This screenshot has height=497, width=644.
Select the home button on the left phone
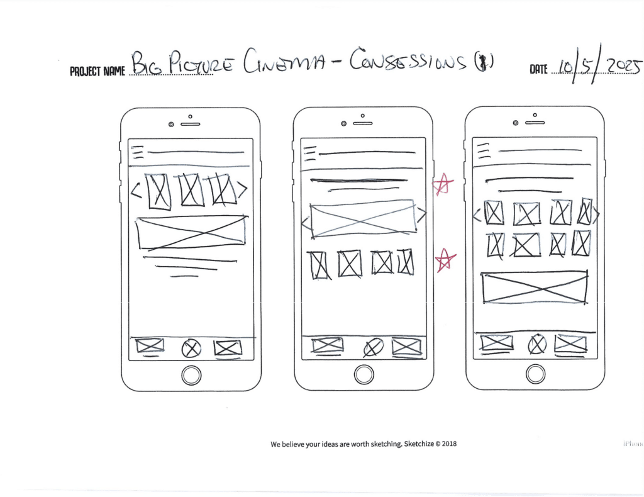click(191, 375)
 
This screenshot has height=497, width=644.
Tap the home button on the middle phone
click(364, 375)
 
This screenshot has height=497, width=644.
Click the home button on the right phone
click(535, 374)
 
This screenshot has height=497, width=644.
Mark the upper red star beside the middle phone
click(443, 184)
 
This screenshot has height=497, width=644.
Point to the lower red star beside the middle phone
click(445, 260)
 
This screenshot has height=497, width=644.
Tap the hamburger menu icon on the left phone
click(138, 153)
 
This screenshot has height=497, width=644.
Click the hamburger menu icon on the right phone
click(483, 151)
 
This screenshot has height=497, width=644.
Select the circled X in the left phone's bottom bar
click(191, 347)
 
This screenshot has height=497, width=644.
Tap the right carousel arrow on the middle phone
click(421, 216)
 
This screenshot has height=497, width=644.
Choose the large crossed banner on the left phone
click(191, 232)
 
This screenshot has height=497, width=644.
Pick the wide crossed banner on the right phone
click(535, 287)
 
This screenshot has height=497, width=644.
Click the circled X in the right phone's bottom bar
click(536, 344)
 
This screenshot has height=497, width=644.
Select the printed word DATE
click(538, 70)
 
